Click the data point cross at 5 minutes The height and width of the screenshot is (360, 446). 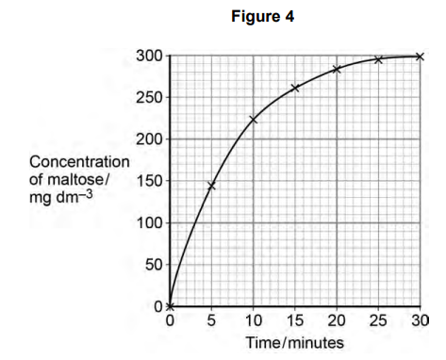coord(211,186)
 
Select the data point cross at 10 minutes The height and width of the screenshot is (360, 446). coord(253,119)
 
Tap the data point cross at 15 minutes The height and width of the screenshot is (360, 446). coord(295,88)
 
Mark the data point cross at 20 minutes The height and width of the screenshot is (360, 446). coord(337,69)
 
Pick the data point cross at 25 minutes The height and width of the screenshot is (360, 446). coord(378,59)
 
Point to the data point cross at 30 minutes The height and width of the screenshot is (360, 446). coord(420,57)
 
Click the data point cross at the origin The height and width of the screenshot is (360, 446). coord(170,306)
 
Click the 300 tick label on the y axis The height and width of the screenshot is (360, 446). coord(150,57)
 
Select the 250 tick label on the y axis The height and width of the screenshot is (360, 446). coord(150,98)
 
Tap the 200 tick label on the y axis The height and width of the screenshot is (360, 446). coord(150,139)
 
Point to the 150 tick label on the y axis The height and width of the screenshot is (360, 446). coord(150,181)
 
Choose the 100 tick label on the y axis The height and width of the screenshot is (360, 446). coord(150,223)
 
